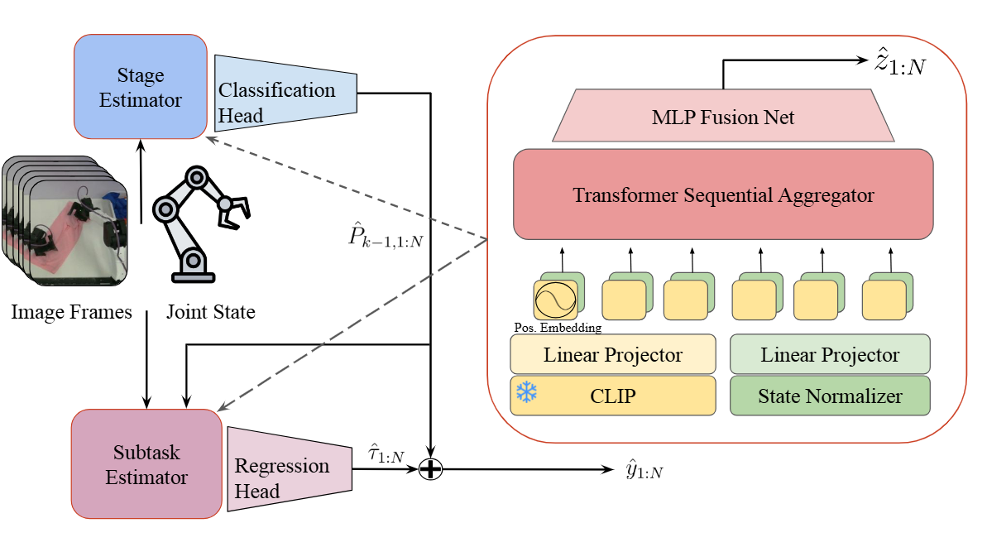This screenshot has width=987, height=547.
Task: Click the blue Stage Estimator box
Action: point(140,87)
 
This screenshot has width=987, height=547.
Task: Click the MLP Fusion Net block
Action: point(723,118)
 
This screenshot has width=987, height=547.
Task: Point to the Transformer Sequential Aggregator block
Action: point(723,195)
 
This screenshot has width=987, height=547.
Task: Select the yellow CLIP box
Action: point(613,396)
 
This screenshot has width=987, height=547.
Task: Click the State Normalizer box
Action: point(830,396)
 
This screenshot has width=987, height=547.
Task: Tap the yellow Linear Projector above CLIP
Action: point(613,355)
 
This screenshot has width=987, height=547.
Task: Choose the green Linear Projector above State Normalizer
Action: point(830,355)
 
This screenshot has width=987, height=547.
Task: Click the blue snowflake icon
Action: point(526,392)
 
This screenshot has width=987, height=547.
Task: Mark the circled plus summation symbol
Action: point(431,469)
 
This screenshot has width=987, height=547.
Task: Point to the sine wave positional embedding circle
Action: point(554,300)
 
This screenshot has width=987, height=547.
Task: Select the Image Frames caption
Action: point(71,312)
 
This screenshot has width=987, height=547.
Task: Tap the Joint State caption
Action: point(210,312)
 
